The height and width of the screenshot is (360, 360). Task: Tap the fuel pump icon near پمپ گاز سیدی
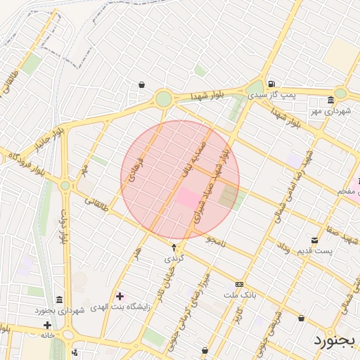271,84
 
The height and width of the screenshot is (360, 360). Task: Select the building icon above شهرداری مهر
330,101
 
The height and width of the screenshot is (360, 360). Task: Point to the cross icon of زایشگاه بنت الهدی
120,296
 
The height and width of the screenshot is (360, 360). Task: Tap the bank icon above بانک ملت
240,284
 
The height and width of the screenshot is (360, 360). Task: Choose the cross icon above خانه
47,325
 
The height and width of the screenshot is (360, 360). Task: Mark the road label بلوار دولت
63,226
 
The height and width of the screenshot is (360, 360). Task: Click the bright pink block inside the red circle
187,198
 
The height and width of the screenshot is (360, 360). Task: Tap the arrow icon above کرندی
174,247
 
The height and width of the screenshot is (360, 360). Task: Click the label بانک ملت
238,295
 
